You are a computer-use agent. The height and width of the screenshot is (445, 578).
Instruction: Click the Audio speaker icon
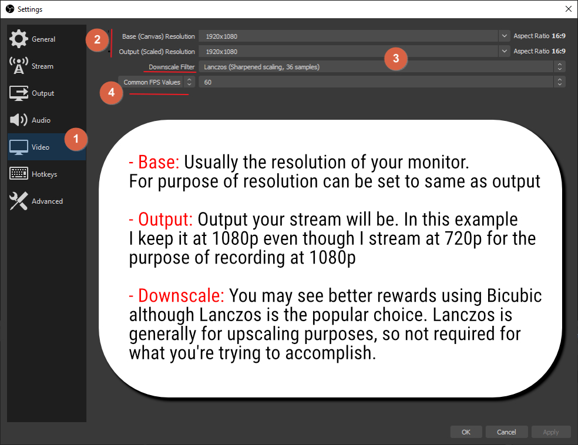click(19, 120)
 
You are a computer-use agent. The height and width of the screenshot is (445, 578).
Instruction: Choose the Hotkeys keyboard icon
click(19, 174)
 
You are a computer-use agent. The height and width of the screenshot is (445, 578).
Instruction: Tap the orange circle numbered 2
click(97, 40)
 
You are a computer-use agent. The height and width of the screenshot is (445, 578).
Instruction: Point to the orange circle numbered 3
click(396, 58)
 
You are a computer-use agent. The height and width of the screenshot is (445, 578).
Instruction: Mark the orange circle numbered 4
click(112, 93)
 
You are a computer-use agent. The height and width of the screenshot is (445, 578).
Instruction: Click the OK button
click(466, 432)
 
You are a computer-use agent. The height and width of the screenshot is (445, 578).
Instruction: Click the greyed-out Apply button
click(550, 432)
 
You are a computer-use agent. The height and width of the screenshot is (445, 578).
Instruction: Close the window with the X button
click(567, 9)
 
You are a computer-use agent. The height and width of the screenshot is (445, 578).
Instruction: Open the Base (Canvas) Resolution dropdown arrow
click(504, 36)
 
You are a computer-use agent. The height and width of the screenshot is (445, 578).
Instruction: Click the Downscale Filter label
click(172, 67)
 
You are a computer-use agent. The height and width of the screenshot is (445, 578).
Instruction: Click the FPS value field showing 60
click(376, 82)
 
